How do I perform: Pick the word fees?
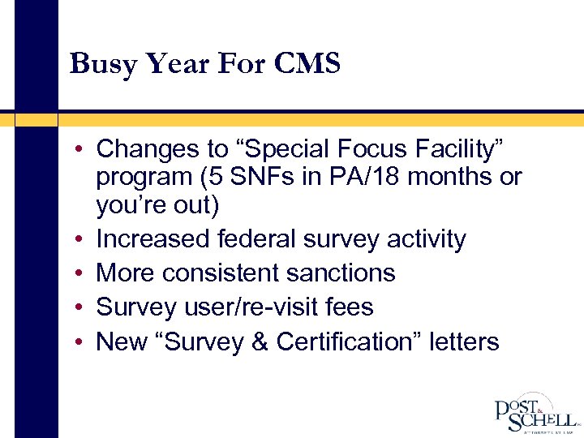[348, 307]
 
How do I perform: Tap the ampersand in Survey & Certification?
[256, 342]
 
